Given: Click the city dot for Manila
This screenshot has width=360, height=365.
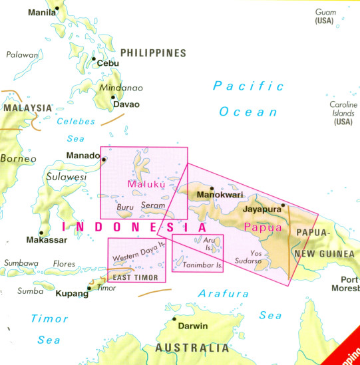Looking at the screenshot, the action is [x=57, y=8].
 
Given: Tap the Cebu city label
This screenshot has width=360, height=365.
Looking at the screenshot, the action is [x=108, y=63].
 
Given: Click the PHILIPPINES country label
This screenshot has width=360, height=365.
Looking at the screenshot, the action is [x=152, y=53].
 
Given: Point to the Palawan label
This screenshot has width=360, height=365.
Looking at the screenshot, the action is [x=21, y=55].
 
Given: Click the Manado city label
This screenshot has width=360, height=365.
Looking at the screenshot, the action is [x=83, y=156].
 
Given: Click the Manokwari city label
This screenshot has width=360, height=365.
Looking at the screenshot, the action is [x=219, y=195].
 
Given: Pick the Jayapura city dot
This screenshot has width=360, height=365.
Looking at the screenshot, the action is [x=283, y=205].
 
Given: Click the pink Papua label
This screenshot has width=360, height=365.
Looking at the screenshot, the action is [x=258, y=227].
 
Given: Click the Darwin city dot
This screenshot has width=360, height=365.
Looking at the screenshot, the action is [x=174, y=319].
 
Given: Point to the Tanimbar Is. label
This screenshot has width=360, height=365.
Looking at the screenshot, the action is [x=198, y=266].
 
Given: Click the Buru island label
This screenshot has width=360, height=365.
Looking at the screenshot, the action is [x=125, y=207].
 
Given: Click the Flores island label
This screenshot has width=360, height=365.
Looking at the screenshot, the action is [x=64, y=264].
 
